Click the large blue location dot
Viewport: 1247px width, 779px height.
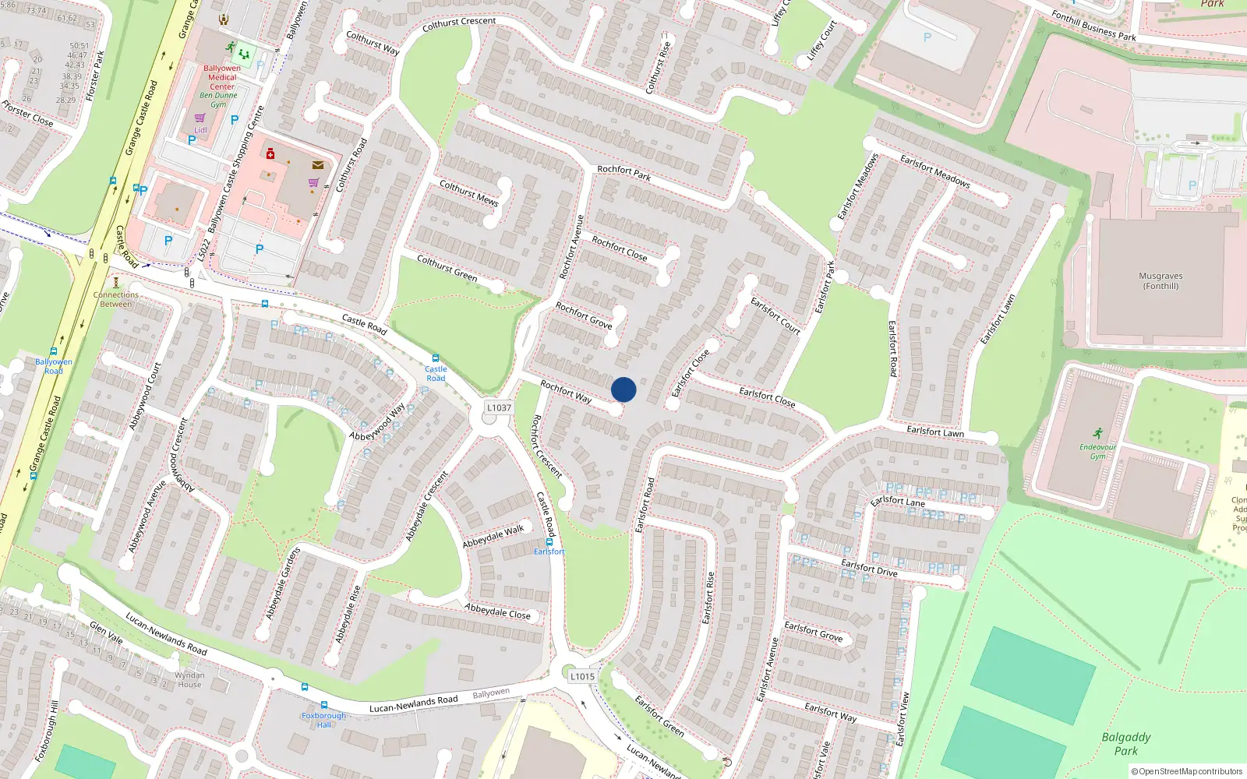point(623,389)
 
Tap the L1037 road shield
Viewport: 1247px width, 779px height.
point(499,407)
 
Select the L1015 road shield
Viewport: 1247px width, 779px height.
point(582,676)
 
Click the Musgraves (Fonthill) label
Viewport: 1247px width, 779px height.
point(1160,281)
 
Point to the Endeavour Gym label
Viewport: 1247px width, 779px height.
point(1097,452)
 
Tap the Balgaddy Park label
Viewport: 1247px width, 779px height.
point(1126,744)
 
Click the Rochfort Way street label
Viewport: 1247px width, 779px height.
point(566,391)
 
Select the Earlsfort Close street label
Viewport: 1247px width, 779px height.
point(767,397)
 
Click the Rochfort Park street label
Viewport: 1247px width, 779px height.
point(623,173)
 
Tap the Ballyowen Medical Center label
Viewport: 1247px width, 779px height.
point(222,77)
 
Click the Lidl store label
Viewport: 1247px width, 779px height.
point(201,130)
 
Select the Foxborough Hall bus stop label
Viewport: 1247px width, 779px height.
point(323,720)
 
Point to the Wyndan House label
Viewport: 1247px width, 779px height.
point(189,680)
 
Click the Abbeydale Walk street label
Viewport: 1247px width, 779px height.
point(493,536)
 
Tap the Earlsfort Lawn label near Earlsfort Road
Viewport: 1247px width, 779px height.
point(935,431)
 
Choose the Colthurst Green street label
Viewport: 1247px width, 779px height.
point(447,267)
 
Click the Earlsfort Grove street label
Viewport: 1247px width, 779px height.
point(814,631)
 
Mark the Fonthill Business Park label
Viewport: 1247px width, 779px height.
point(1093,26)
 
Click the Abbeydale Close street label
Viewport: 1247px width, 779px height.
point(497,612)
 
